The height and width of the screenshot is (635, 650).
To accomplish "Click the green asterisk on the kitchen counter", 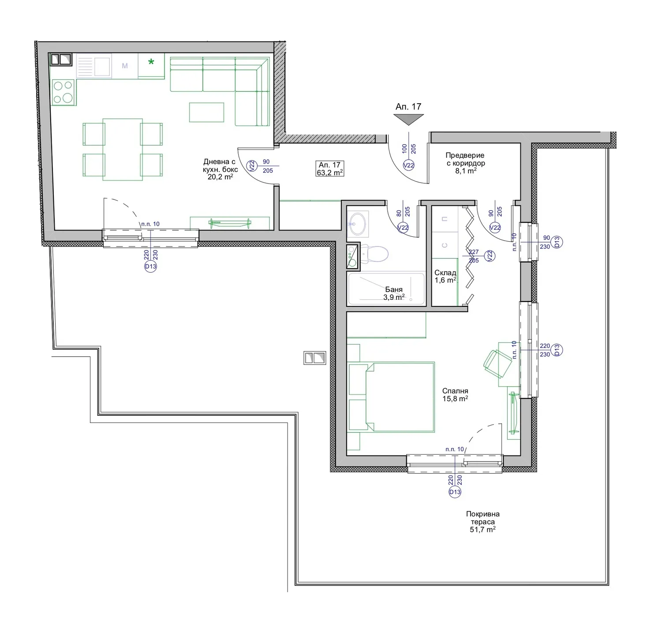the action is coord(151,62).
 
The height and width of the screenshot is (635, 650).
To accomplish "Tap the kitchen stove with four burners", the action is coord(63,92).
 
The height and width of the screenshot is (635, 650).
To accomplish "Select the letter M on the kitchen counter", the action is coord(125,66).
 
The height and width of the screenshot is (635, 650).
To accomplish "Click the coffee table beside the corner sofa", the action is coord(206,112).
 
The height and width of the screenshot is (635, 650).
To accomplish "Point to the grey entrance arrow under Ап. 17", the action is coord(408,119).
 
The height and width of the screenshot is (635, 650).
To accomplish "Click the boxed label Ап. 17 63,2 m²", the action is coord(330,169).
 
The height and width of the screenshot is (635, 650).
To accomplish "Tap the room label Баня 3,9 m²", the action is coord(394,293).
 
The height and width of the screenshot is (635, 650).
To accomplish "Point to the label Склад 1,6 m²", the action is coord(445,276).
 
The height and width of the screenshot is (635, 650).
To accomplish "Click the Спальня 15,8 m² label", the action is coord(455,395).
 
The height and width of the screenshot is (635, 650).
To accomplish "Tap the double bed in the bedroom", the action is coord(391,397).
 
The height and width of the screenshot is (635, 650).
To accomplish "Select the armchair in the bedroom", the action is coord(497,364).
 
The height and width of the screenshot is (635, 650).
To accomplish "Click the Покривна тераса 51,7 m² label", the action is coord(483,522).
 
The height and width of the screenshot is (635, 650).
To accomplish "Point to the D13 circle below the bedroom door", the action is coord(455,492).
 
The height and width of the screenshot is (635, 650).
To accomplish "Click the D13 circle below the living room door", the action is coord(150,266).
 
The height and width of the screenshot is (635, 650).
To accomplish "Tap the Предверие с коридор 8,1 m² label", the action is coord(465,163).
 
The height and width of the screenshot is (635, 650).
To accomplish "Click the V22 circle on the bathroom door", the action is coord(403,228).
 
